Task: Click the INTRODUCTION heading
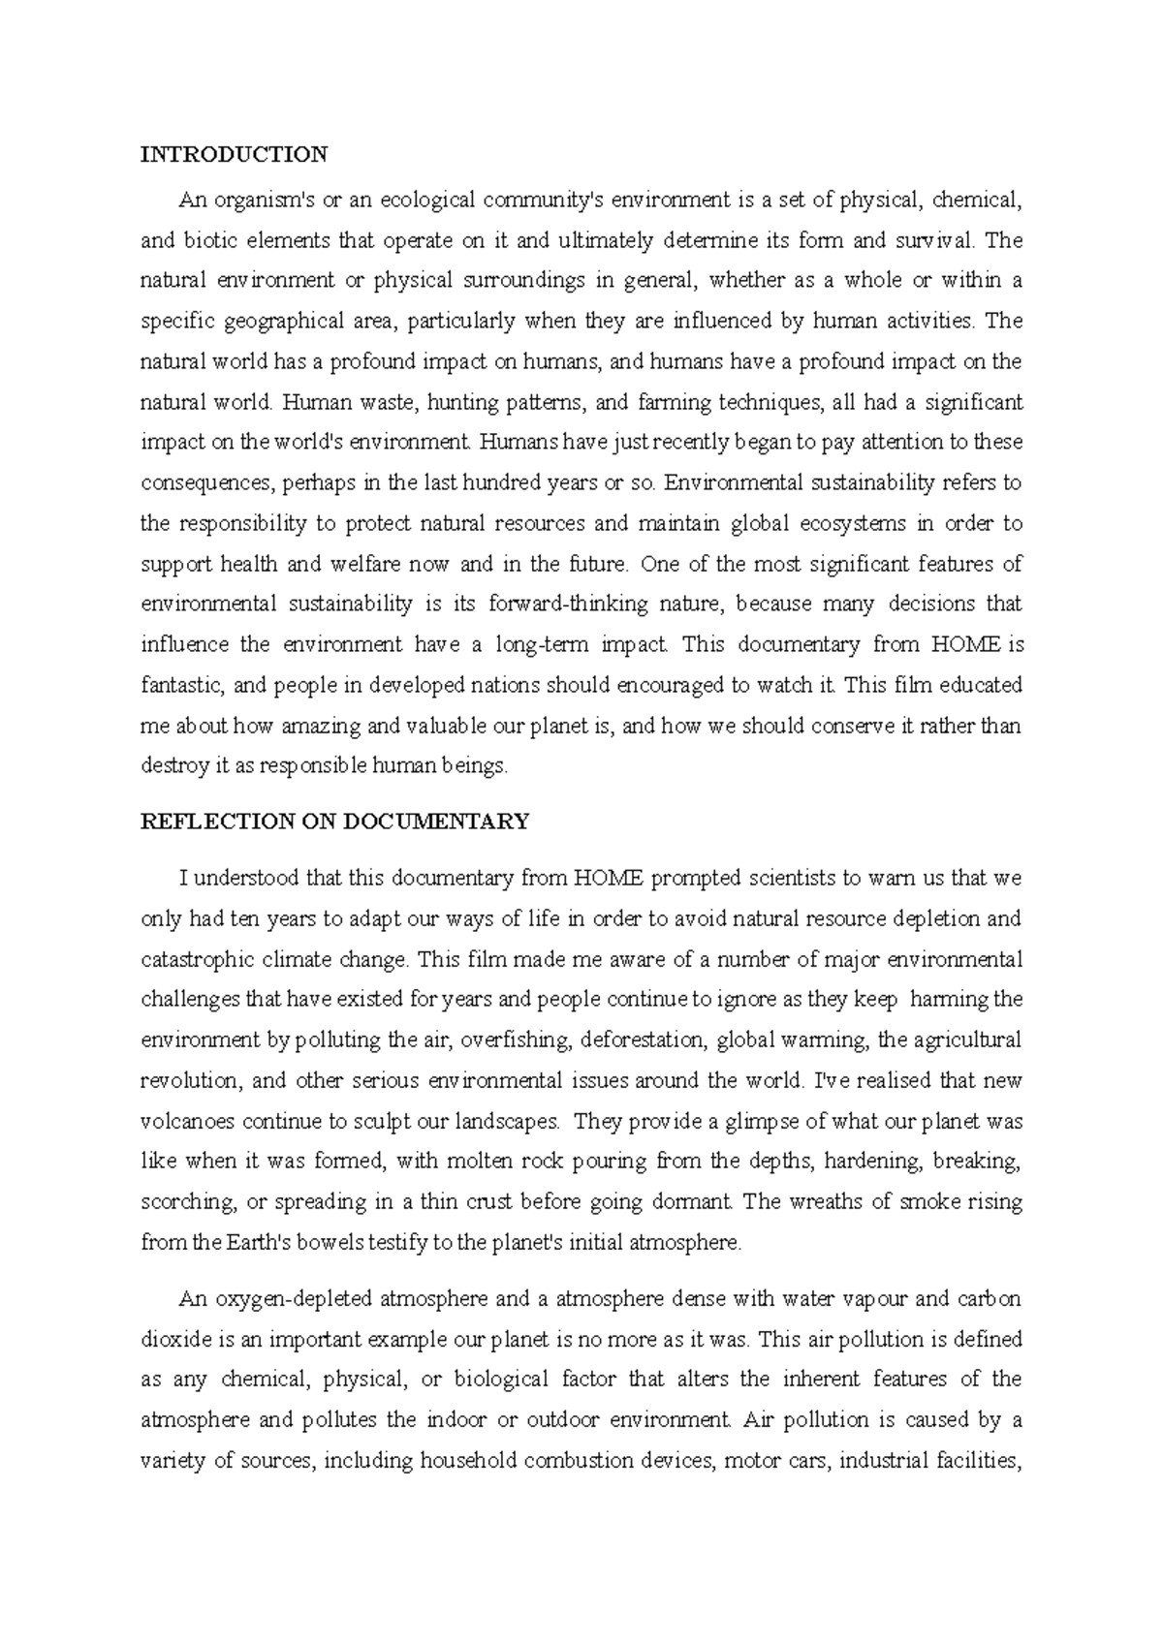point(235,154)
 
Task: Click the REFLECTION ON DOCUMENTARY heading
point(335,822)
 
